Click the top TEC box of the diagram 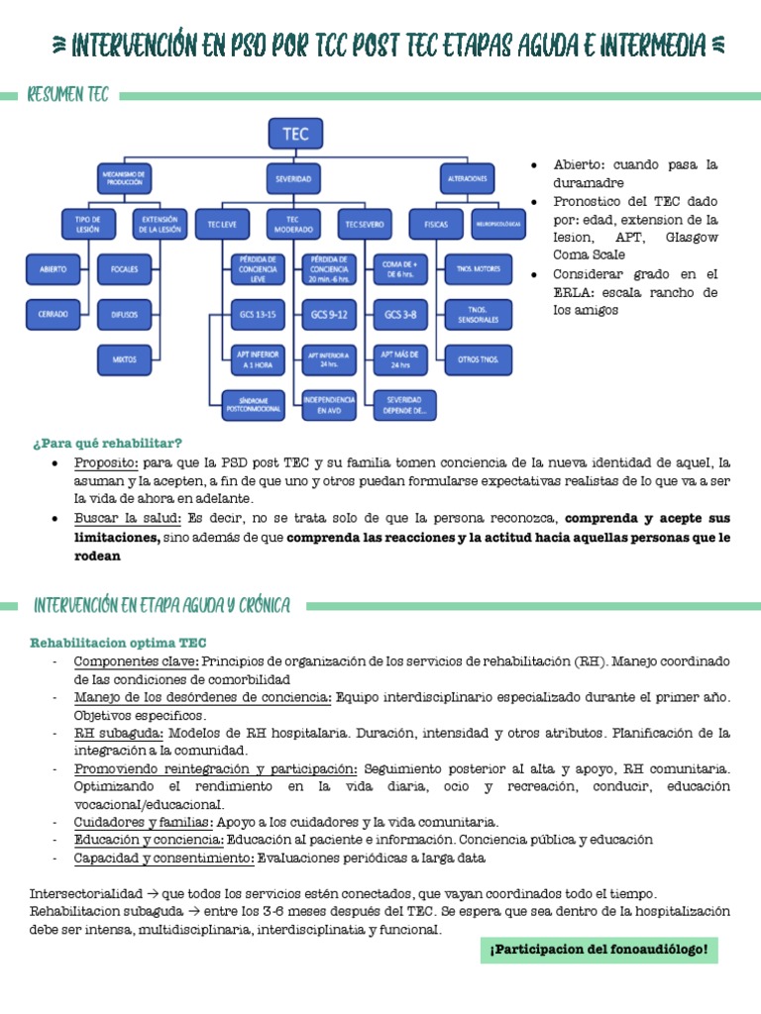tap(294, 134)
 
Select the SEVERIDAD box tap(293, 179)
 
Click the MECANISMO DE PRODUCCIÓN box tap(124, 179)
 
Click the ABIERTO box tap(54, 267)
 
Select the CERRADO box tap(54, 314)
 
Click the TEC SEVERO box tap(364, 224)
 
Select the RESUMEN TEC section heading tap(68, 96)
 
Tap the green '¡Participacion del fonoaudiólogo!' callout tap(598, 951)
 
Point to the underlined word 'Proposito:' tap(105, 462)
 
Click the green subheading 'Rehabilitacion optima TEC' tap(118, 643)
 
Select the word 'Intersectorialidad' tap(85, 892)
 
